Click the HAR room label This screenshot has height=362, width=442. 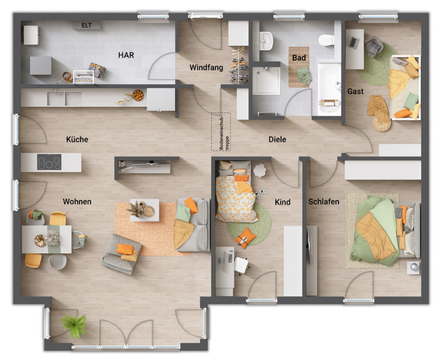point(126,55)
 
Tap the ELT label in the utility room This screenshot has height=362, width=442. point(87,25)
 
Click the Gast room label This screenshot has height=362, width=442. point(355,92)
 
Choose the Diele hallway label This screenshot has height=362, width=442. point(277,140)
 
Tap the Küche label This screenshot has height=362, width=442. point(77,140)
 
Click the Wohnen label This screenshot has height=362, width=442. point(77,202)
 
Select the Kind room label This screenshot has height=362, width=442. point(282,202)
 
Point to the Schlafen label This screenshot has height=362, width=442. point(323,202)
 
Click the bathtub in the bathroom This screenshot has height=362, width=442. point(329,88)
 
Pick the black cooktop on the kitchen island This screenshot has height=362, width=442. point(49,162)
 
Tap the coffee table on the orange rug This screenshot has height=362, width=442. point(144,210)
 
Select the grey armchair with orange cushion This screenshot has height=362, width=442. point(122,254)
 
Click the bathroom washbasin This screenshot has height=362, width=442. point(266,39)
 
